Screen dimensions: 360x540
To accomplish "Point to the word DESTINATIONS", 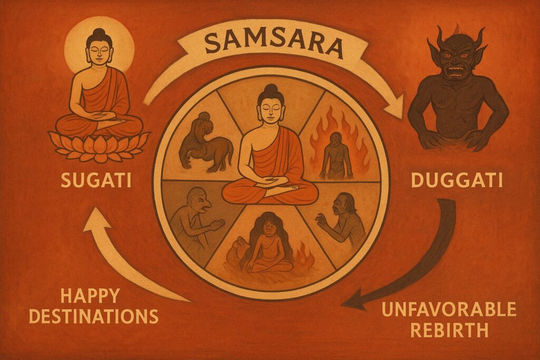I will point(94,316).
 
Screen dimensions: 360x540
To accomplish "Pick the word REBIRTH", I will point(449,331).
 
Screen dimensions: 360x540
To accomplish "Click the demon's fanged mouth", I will point(458,70).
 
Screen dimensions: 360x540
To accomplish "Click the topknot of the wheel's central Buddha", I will point(271,89).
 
